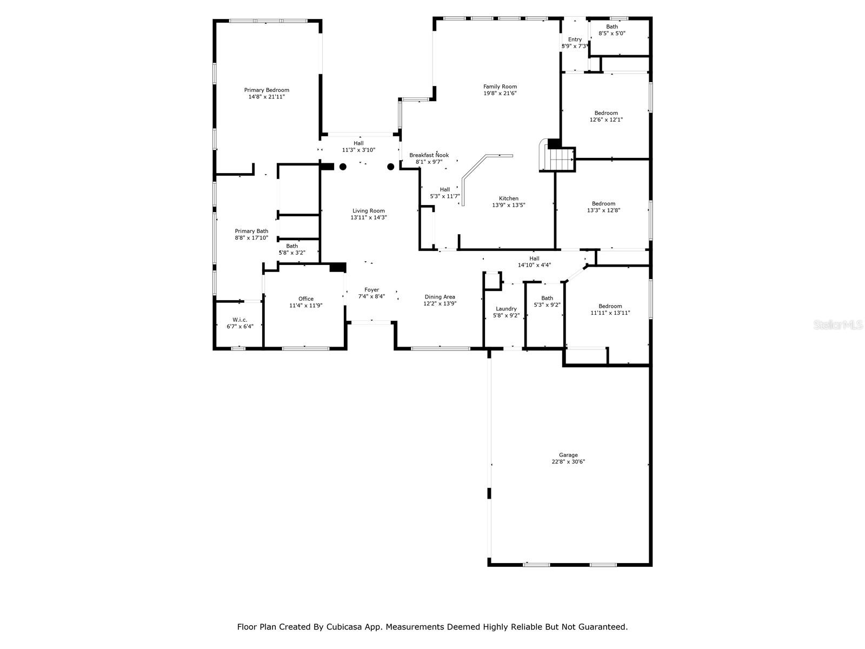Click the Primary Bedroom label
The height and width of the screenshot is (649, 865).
click(x=267, y=90)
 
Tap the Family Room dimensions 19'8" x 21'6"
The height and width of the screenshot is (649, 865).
click(x=500, y=94)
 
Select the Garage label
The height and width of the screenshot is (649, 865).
click(x=568, y=455)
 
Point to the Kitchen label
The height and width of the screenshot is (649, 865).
click(x=508, y=198)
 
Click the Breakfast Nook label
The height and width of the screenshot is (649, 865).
click(x=429, y=155)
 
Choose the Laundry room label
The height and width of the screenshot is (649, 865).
click(x=506, y=309)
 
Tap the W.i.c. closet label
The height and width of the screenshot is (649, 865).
click(x=239, y=320)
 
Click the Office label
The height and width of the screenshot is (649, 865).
click(x=306, y=299)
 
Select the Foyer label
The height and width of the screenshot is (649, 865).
click(x=371, y=290)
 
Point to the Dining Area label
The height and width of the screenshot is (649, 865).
click(x=440, y=297)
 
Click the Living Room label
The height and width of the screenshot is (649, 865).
click(x=369, y=211)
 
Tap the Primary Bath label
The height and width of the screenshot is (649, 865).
click(x=251, y=231)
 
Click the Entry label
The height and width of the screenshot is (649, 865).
click(x=575, y=39)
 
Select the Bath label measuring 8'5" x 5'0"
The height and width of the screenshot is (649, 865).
click(x=611, y=27)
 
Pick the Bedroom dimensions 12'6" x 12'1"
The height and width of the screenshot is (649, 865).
click(x=606, y=120)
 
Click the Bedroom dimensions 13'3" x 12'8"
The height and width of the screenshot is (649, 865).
click(x=603, y=210)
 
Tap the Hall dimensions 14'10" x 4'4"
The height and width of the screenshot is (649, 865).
click(x=534, y=265)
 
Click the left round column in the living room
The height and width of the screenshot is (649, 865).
click(x=343, y=167)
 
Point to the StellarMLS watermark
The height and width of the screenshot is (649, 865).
click(x=838, y=325)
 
